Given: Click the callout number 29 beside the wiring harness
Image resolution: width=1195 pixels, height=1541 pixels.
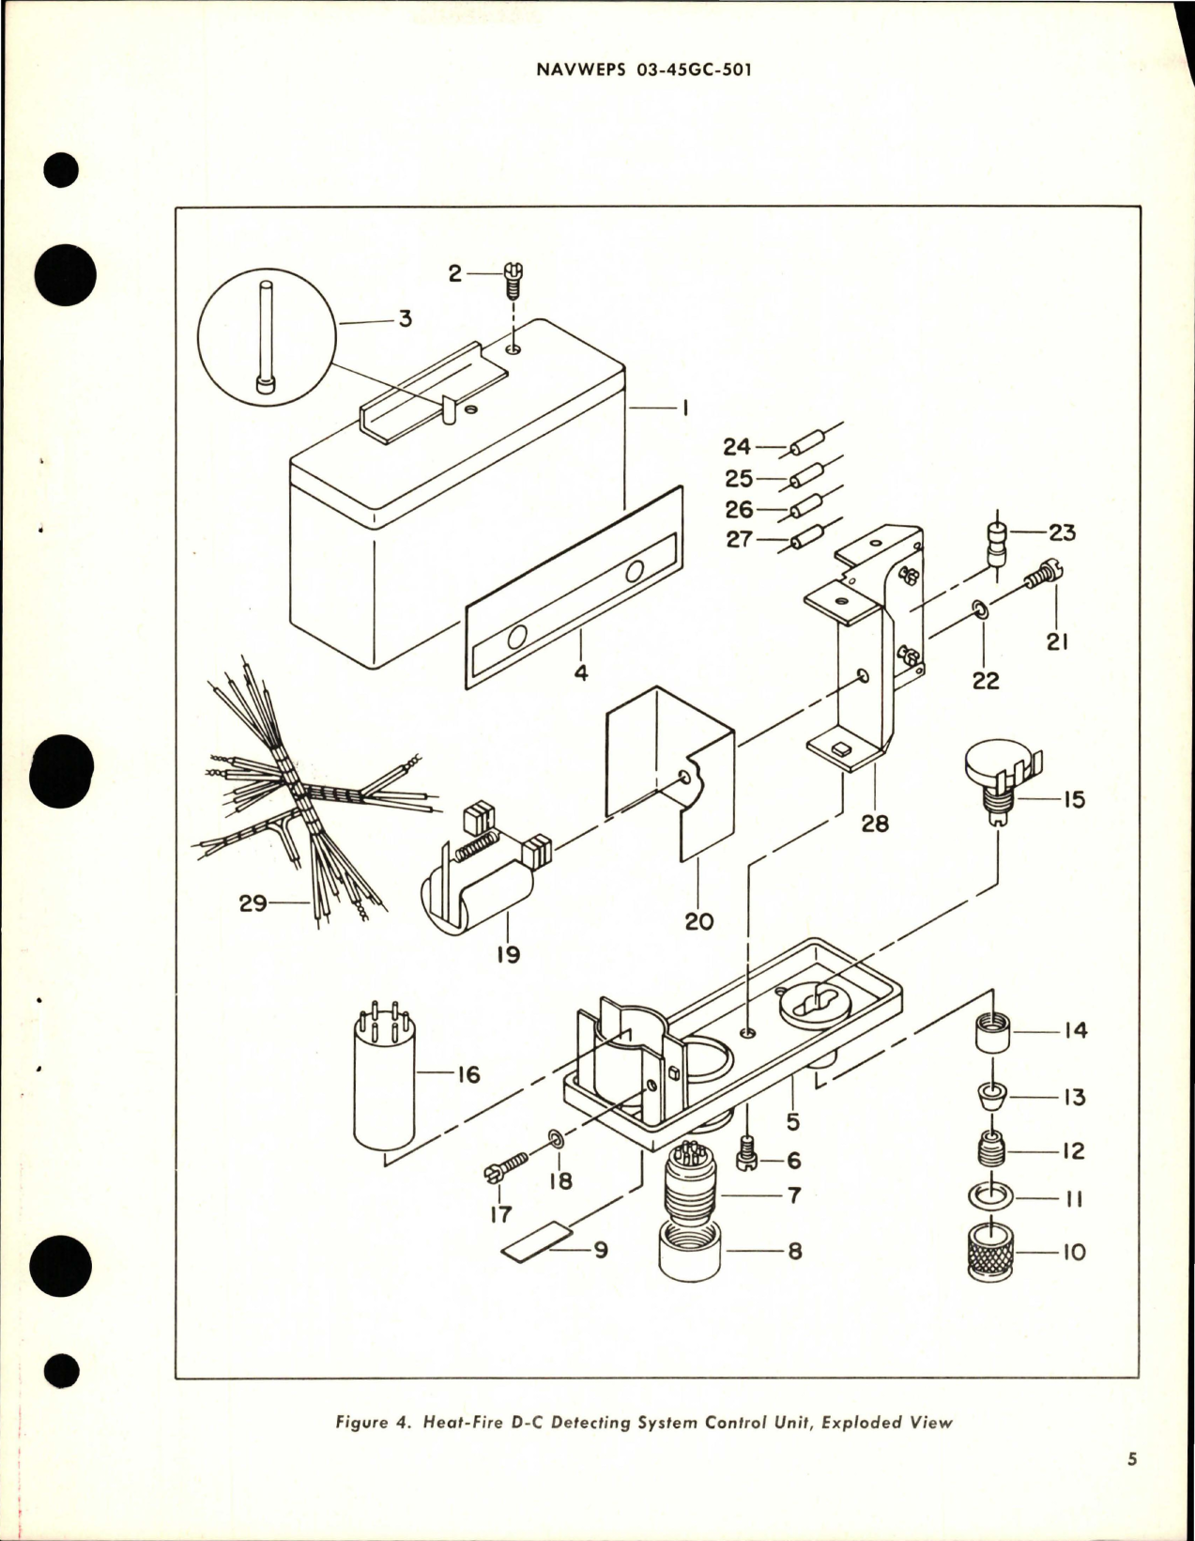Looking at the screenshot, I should tap(253, 903).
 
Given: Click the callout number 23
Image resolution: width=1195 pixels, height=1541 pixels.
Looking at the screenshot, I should tap(1062, 532).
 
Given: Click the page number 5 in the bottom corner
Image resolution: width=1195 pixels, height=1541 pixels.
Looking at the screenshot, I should tap(1132, 1459).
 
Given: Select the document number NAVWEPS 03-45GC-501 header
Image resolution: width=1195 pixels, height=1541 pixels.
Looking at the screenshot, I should tap(644, 70).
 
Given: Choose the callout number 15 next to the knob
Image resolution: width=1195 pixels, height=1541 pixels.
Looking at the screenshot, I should tap(1073, 799).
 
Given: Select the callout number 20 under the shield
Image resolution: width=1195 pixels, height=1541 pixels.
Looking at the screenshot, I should tap(698, 921).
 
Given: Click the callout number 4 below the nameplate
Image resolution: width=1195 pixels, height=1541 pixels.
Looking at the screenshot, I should tap(581, 672).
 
